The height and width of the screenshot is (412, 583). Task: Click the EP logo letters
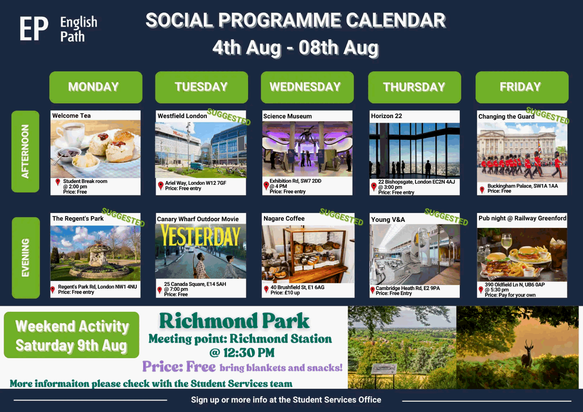pos(34,29)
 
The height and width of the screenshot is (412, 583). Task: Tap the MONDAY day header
pos(96,87)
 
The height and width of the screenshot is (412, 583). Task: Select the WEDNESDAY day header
pos(307,87)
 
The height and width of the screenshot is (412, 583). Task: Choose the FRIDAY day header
pos(522,87)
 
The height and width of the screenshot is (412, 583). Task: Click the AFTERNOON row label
pos(25,151)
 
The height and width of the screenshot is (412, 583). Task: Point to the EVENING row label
pos(25,258)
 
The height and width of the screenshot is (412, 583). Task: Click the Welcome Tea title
pos(71,116)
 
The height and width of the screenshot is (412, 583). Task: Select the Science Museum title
pos(287,116)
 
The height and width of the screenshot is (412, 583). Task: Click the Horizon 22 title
pos(387,116)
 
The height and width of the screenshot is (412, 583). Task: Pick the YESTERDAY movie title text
pos(200,236)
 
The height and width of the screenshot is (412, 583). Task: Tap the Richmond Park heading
pos(234,321)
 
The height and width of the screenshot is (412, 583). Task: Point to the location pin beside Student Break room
pos(58,182)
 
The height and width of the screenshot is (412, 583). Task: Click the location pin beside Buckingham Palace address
pos(482,190)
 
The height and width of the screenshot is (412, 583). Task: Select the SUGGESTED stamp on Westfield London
pos(229,117)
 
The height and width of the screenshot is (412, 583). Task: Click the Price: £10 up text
pos(285,293)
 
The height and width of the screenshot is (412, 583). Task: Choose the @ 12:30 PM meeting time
pos(242,353)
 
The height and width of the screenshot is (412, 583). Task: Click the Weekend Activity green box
pos(71,335)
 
